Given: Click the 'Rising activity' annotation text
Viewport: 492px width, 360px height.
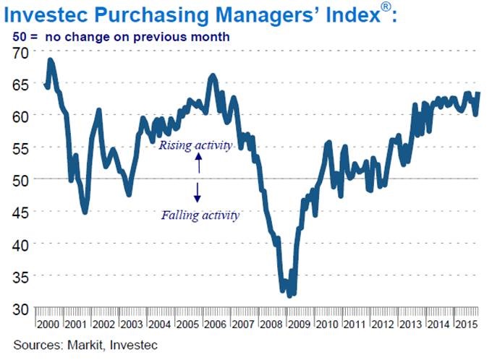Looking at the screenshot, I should coord(195,145).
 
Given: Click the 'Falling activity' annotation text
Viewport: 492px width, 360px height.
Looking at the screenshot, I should coord(199,215).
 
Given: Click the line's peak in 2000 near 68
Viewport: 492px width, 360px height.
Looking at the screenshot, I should coord(51,60).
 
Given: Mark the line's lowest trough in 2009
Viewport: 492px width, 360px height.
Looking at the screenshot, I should coord(289,295).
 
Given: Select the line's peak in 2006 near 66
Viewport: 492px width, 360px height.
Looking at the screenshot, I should coord(212,75).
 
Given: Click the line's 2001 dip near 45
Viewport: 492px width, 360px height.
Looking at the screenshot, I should coord(85,212).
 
